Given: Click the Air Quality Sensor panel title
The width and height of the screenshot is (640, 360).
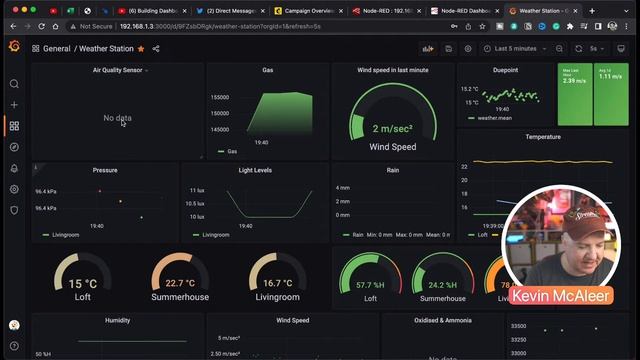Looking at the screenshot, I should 118,70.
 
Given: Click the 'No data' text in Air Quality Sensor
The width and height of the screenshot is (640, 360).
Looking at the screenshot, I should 117,118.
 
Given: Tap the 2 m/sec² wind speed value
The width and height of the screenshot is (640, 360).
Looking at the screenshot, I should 392,128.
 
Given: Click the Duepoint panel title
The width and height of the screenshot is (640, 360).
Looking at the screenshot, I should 505,70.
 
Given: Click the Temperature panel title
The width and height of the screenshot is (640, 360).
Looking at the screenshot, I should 543,136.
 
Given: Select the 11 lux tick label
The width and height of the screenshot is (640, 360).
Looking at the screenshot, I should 196,189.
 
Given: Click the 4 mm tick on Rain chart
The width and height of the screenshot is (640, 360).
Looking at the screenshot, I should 343,187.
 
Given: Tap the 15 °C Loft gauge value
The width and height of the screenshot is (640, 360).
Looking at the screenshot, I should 83,283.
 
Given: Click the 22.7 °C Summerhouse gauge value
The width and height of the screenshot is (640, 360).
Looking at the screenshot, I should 180,283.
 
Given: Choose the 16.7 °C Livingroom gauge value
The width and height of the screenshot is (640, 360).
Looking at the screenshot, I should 277,283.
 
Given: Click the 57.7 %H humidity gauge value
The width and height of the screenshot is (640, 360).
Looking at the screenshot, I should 370,285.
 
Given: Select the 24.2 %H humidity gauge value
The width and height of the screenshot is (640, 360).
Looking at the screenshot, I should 442,285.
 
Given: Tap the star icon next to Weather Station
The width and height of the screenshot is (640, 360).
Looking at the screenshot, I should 141,48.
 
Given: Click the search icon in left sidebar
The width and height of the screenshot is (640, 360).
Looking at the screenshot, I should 14,84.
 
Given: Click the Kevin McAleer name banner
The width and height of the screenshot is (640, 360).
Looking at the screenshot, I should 555,296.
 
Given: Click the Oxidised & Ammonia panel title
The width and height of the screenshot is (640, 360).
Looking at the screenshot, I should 442,321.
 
